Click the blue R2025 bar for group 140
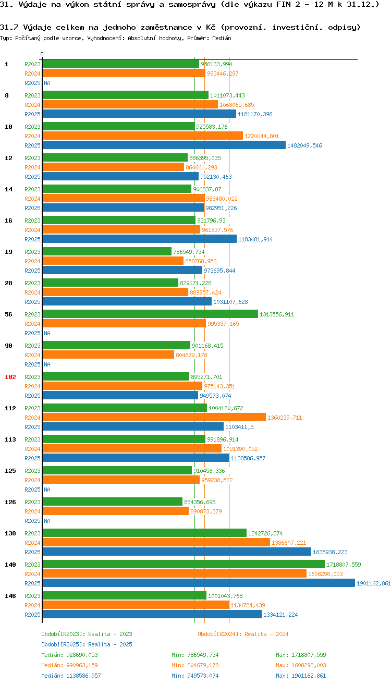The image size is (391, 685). pos(198,583)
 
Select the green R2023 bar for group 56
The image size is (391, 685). pos(150,314)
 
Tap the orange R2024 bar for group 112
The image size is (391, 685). pos(154,418)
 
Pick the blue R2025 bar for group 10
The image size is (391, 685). pos(164,145)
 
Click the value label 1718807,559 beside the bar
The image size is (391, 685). pos(344,565)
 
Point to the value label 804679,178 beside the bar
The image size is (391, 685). pos(191,355)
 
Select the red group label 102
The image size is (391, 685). pos(10,377)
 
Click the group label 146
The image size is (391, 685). pos(10,596)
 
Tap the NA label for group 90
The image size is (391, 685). pos(47,364)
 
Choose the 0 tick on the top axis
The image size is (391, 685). pos(42,54)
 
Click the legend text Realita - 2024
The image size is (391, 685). pos(266,634)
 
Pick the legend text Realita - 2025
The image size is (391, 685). pos(110,644)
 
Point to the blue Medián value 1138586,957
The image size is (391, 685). pos(82,676)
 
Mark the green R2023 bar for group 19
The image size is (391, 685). pos(106,252)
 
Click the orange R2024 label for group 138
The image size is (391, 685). pos(32,543)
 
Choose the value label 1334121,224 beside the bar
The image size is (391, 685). pos(280,615)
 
